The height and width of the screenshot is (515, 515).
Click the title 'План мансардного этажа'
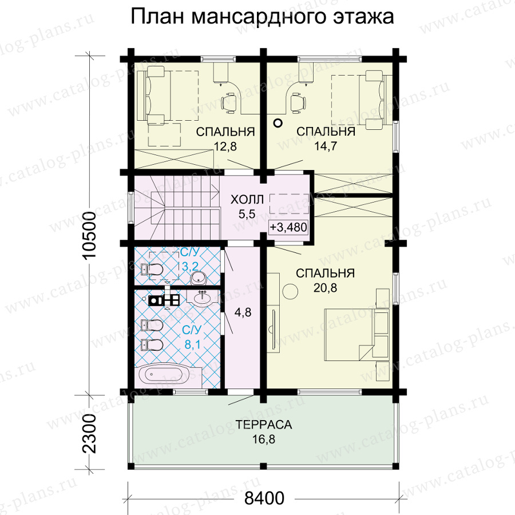pos(262,17)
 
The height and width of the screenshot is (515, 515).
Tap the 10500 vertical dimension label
pos(89,235)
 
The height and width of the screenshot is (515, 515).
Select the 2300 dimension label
pos(89,434)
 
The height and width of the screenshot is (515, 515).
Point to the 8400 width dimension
pos(264,498)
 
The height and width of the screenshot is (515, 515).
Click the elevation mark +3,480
pos(289,227)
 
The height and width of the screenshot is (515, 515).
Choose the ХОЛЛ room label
pos(247,199)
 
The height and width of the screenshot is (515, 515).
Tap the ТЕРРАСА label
pos(264,425)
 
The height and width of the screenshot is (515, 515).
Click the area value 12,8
pos(225,146)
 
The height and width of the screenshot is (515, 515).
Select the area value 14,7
pos(326,146)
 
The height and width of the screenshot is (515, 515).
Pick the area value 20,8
pos(325,288)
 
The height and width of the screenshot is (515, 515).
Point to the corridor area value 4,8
pos(243,312)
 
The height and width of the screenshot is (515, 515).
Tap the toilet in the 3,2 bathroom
pos(152,270)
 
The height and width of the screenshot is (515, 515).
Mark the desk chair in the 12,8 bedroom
pos(228,102)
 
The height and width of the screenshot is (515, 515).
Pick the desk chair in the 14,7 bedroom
pos(298,102)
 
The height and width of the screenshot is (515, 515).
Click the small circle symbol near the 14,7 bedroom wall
pos(278,123)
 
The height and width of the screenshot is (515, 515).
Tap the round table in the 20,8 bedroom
pos(290,291)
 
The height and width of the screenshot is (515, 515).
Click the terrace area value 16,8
pos(264,439)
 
